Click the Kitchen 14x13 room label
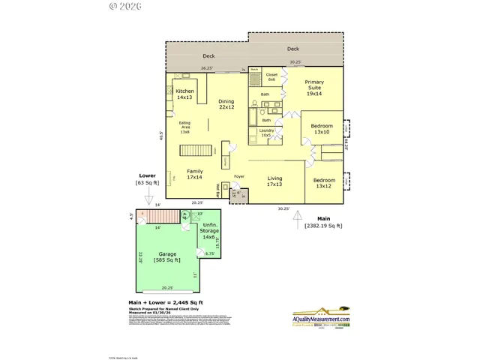coord(185,94)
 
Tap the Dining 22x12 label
coord(226,104)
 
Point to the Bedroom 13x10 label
coord(322,129)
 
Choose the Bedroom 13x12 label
coord(324,184)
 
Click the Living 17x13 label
coord(274,181)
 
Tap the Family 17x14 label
coord(195,174)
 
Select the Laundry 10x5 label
coord(266,133)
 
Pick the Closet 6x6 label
coord(271,77)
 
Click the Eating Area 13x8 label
coord(184,129)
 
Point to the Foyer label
coord(239,177)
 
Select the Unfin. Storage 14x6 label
coord(209,233)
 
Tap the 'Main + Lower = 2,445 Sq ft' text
coord(165,302)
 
